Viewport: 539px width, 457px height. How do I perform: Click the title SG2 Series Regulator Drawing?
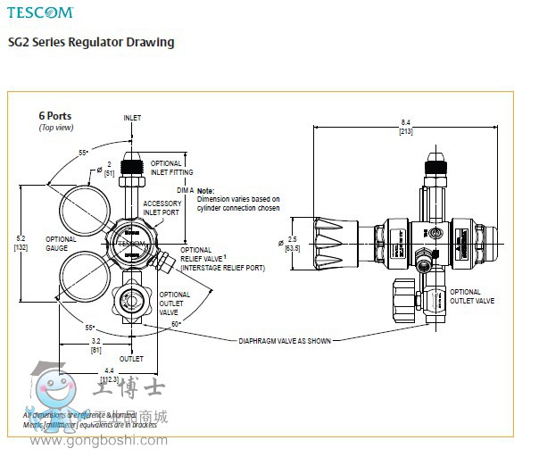(90, 42)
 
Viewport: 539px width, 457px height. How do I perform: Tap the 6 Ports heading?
(54, 116)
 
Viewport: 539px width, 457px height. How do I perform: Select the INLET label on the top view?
(132, 118)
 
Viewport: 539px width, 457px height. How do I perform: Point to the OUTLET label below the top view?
(132, 359)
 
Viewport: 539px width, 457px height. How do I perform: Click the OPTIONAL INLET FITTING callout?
(166, 168)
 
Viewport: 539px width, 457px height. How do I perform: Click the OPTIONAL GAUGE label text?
(61, 244)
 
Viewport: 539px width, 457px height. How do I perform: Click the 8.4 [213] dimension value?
(404, 127)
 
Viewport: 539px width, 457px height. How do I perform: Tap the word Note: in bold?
(205, 191)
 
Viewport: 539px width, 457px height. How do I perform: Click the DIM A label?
(186, 190)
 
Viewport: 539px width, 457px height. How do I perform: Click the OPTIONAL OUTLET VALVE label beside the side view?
(472, 296)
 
